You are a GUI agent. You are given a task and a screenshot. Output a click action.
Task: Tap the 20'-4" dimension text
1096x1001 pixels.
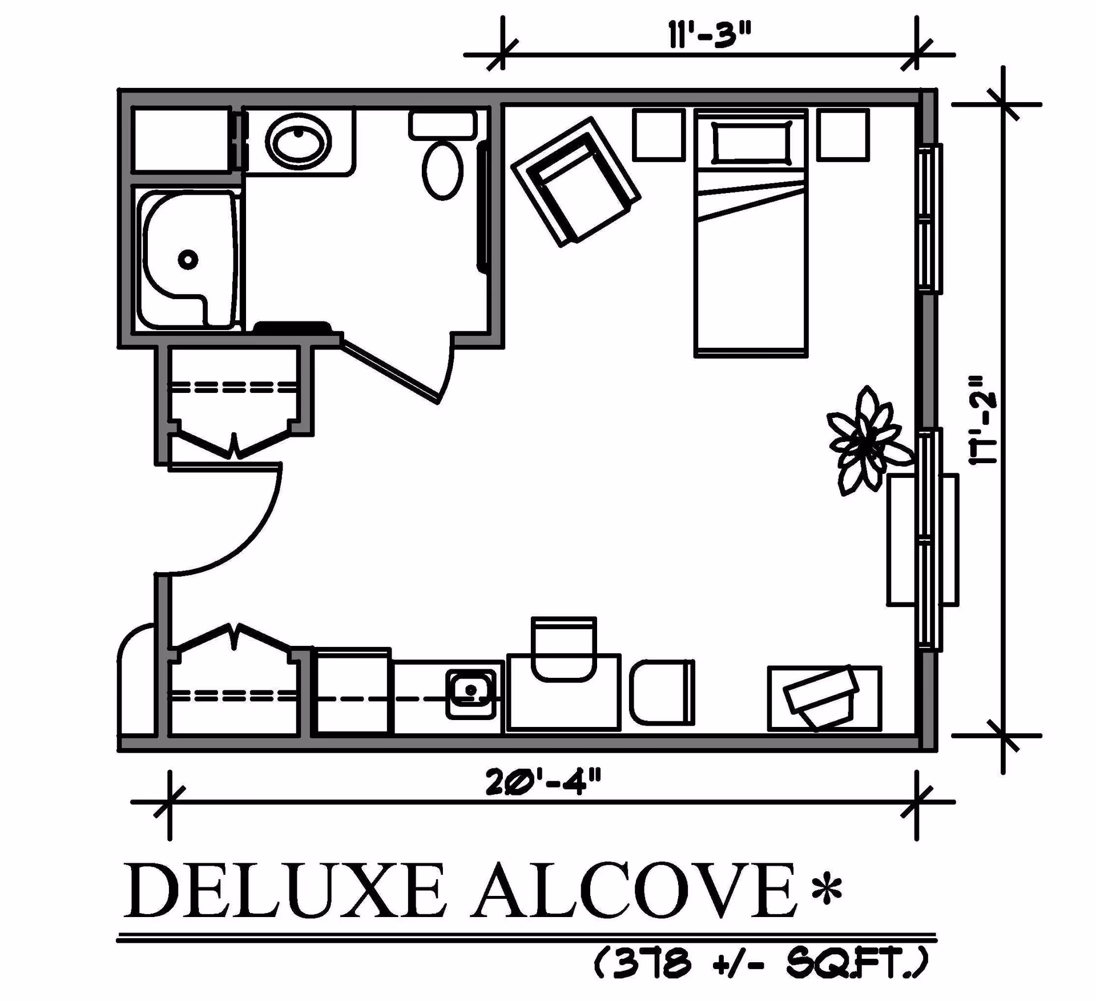543,783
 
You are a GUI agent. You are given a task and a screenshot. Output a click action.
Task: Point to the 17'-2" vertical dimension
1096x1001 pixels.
984,420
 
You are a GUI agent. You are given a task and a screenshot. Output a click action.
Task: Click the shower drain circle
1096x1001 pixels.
188,260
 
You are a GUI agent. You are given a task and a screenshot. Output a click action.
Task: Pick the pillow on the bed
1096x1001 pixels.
751,142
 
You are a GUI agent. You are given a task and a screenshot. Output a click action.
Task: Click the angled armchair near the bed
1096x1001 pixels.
575,182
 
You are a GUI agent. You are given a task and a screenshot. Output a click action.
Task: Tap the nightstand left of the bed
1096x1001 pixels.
659,135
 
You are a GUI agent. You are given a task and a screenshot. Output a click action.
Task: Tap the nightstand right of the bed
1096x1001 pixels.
843,135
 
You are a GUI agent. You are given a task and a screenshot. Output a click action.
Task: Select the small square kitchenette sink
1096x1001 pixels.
471,694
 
